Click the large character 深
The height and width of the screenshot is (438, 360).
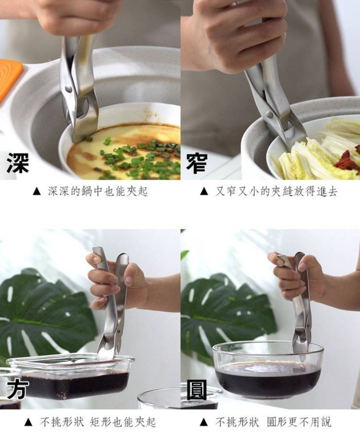[x=18, y=163]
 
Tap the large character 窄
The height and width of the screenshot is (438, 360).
[x=197, y=163]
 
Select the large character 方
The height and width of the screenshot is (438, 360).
[x=18, y=389]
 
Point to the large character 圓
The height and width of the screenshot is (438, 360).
[x=197, y=390]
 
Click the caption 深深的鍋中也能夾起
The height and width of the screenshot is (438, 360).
[x=97, y=191]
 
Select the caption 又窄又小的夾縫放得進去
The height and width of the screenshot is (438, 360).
[x=276, y=191]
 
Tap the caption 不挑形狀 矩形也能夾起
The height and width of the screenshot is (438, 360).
[x=98, y=422]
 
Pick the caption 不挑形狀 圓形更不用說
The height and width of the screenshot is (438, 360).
[x=273, y=422]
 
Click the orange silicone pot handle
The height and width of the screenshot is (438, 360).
[x=9, y=78]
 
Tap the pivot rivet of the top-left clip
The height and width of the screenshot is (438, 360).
[x=69, y=89]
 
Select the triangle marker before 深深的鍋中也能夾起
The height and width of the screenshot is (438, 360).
[x=36, y=191]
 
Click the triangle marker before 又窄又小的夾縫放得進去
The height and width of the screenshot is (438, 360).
[x=204, y=191]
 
